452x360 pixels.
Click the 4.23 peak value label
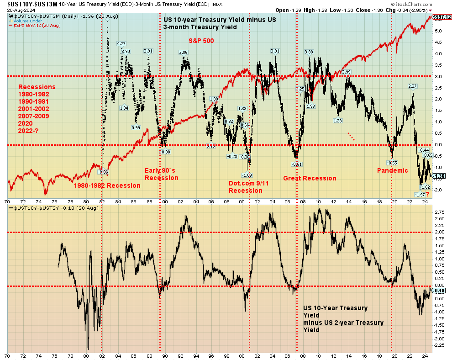[x=121, y=44]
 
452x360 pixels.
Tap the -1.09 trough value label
[x=247, y=175]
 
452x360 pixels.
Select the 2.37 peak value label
[x=413, y=86]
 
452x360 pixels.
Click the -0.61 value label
[x=297, y=164]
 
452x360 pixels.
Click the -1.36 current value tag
[x=439, y=176]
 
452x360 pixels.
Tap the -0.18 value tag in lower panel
[x=439, y=291]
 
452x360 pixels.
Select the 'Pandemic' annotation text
[x=392, y=170]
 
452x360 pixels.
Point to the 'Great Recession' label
[x=310, y=178]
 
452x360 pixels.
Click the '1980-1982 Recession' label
[x=107, y=185]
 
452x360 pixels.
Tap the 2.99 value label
[x=346, y=72]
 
